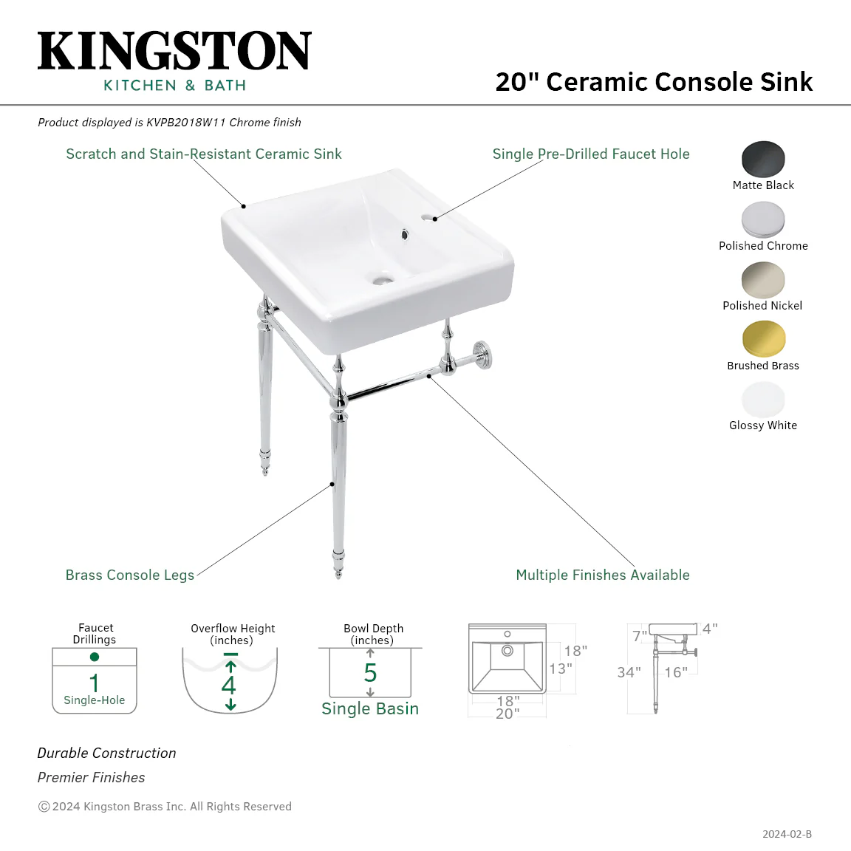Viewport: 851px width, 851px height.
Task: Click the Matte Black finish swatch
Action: click(x=763, y=159)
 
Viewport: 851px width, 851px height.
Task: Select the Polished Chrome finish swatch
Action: click(x=763, y=220)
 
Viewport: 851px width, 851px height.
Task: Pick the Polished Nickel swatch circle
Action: click(x=763, y=279)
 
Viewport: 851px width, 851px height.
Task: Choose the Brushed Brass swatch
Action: click(x=763, y=339)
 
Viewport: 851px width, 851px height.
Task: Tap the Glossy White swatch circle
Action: click(x=763, y=400)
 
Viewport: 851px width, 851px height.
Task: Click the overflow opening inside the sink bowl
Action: click(x=404, y=235)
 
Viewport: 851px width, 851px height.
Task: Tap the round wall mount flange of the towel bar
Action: click(x=482, y=355)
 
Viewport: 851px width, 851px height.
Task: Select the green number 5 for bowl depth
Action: click(x=370, y=673)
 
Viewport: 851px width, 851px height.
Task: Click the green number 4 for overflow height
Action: click(x=228, y=685)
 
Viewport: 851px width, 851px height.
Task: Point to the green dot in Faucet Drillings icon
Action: click(x=95, y=657)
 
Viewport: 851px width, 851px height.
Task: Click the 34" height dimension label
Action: click(x=629, y=672)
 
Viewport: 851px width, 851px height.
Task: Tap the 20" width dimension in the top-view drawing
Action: click(x=507, y=714)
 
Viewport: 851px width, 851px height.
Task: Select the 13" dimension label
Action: click(x=561, y=669)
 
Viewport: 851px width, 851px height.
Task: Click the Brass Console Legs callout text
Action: click(x=130, y=575)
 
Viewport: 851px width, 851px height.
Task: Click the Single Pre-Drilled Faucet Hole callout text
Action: click(x=591, y=154)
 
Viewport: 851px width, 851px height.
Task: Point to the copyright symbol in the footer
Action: click(x=44, y=807)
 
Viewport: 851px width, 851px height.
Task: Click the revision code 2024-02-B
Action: click(x=787, y=834)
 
